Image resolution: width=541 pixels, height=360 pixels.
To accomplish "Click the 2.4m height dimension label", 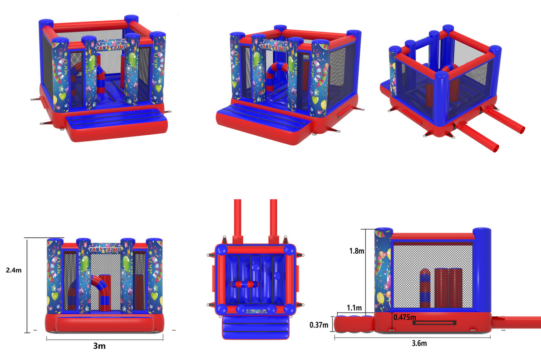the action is pyautogui.click(x=14, y=270).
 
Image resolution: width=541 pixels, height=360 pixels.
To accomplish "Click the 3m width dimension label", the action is pyautogui.click(x=100, y=346).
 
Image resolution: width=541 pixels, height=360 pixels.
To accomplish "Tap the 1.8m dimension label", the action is pyautogui.click(x=357, y=251).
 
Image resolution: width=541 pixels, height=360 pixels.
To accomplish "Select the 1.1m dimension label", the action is pyautogui.click(x=354, y=308).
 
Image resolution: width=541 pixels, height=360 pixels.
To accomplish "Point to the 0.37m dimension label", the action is pyautogui.click(x=319, y=325).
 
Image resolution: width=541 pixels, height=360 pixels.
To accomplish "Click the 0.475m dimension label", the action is pyautogui.click(x=405, y=317).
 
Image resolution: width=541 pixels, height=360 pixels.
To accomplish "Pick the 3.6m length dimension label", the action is pyautogui.click(x=419, y=343).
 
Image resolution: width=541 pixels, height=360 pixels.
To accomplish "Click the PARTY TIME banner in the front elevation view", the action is pyautogui.click(x=105, y=248).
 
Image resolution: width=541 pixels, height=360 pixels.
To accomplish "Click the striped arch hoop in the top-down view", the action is pyautogui.click(x=244, y=284).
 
